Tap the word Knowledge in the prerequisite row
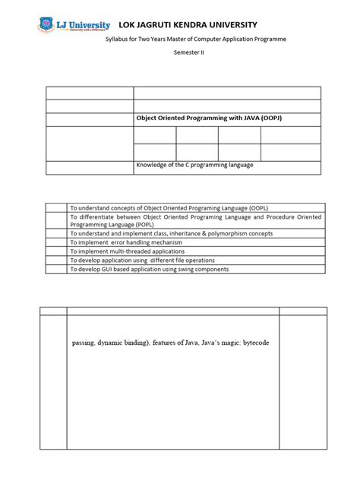(x=152, y=165)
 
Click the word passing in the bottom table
(x=86, y=343)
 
